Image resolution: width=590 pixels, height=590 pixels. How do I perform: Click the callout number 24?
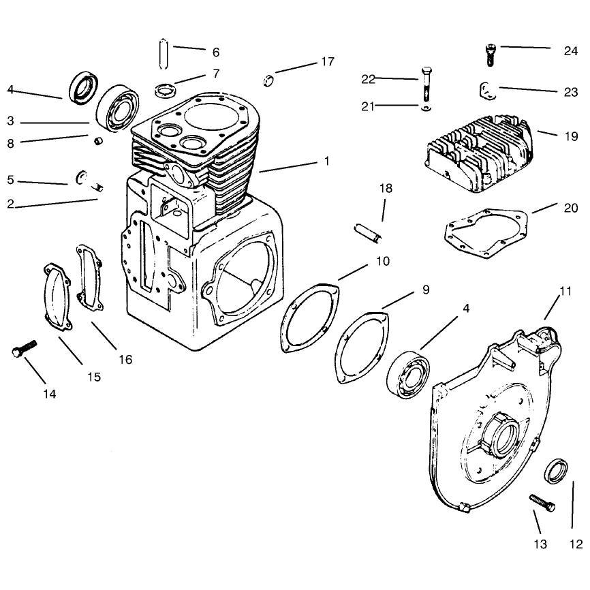tap(570, 51)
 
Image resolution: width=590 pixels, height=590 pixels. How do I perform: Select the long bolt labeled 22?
tap(426, 84)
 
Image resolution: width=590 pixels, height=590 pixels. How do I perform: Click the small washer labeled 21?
tap(426, 109)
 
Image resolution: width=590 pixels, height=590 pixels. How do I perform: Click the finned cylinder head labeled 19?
tap(480, 154)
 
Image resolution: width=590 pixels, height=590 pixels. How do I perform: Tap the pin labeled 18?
tap(369, 233)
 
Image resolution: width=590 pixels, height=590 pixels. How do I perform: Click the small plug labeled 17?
tap(268, 81)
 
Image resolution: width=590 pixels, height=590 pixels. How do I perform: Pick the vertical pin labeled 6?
tap(164, 54)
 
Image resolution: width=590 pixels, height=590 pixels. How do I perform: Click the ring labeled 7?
tap(166, 91)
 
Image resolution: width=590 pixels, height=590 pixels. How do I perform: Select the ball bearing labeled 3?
tap(118, 109)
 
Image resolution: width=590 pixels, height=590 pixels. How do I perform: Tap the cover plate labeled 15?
tap(57, 297)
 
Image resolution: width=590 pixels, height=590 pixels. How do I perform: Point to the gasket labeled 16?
tap(90, 278)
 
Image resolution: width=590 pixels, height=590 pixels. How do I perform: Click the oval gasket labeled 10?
tap(310, 318)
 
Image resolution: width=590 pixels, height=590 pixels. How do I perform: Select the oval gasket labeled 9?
tap(363, 347)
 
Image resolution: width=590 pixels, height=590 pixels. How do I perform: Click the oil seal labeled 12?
tap(556, 471)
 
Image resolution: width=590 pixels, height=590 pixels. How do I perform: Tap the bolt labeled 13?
tap(542, 503)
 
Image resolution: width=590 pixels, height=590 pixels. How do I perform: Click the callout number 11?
tap(565, 291)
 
